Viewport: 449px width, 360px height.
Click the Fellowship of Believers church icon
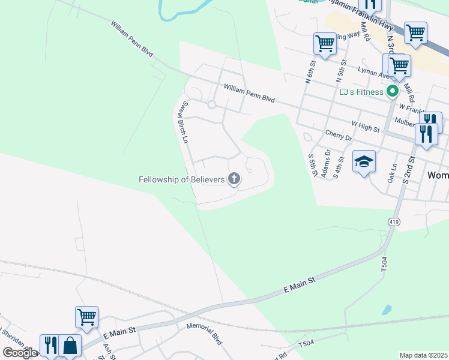point(234,179)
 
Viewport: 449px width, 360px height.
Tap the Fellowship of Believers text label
point(181,179)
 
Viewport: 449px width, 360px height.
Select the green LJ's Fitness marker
point(393,92)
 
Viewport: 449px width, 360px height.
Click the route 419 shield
point(394,222)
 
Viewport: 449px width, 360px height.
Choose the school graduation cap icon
point(364,162)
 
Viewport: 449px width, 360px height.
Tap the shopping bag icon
point(70,346)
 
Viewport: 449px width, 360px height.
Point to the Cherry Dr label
point(338,136)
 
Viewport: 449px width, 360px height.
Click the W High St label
point(366,128)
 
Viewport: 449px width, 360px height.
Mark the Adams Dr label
point(328,160)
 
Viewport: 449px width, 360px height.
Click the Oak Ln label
point(393,173)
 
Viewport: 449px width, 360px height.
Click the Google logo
point(20,353)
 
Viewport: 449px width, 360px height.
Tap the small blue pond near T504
point(387,310)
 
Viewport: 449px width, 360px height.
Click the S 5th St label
point(312,166)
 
